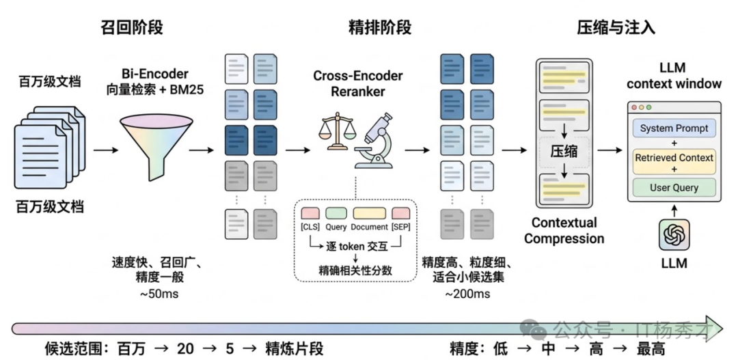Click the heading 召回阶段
click(135, 27)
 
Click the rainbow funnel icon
click(150, 143)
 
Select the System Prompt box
click(674, 128)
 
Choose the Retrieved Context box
click(674, 158)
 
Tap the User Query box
click(674, 187)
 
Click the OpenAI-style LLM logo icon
click(674, 235)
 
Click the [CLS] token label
click(310, 227)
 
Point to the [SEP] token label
click(400, 227)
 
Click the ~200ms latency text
click(467, 294)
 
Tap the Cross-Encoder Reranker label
click(358, 83)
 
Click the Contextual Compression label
click(568, 231)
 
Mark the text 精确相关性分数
click(355, 269)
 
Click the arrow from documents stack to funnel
click(105, 148)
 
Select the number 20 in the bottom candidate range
click(185, 348)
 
